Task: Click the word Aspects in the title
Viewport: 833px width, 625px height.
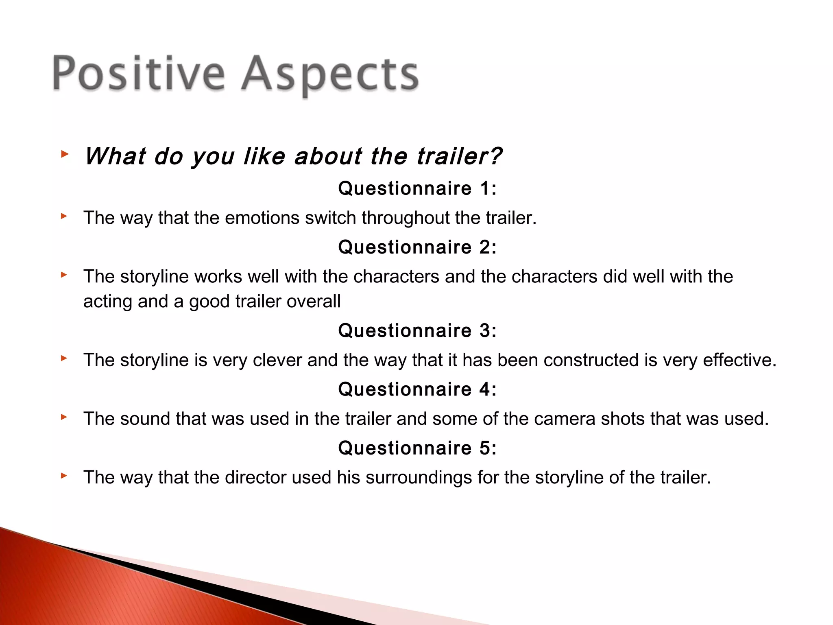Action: pos(329,75)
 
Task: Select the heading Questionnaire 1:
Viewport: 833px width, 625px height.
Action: pos(417,188)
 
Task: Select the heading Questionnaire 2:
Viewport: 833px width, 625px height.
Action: pos(417,247)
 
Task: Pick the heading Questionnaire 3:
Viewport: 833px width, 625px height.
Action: pos(417,330)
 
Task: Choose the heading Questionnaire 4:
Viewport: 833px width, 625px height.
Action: pos(417,389)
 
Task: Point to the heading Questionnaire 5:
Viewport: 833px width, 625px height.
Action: pos(417,448)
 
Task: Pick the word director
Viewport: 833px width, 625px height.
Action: pos(255,478)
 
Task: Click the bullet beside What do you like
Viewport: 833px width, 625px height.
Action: pos(64,154)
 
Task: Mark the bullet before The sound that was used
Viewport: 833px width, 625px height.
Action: pos(64,417)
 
